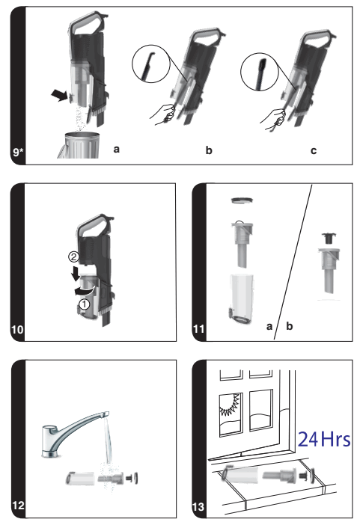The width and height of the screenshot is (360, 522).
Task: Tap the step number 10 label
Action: [x=19, y=330]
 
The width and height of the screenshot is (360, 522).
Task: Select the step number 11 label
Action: [x=200, y=330]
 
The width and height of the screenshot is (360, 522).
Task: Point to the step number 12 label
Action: [x=19, y=506]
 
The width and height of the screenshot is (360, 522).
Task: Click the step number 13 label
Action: [x=200, y=506]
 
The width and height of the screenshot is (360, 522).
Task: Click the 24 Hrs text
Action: [x=324, y=437]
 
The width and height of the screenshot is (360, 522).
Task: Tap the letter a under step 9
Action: [x=116, y=150]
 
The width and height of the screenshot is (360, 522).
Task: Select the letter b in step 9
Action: [x=209, y=151]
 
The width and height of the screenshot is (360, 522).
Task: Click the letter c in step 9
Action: [x=313, y=151]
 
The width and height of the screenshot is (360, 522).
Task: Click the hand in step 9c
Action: [x=277, y=117]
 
